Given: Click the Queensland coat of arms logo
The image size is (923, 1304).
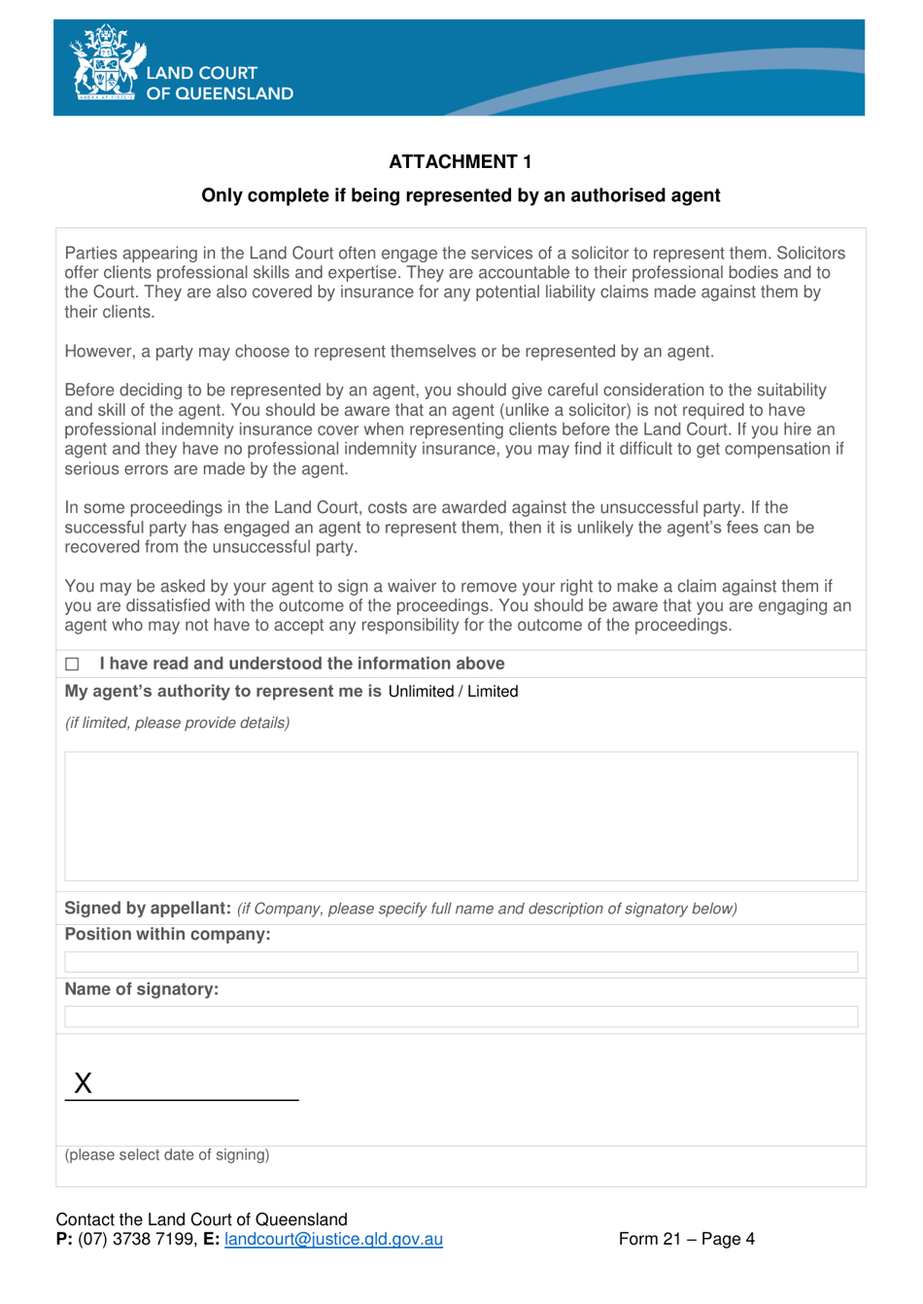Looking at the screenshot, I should (x=105, y=64).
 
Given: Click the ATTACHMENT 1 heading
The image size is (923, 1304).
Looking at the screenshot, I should (x=460, y=161).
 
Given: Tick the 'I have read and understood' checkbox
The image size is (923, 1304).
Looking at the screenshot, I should (x=72, y=665).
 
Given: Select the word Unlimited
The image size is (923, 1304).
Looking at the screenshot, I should (x=421, y=692).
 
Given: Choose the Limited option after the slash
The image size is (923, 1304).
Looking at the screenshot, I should (x=493, y=692).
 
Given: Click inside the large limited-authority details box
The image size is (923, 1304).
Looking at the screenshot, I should (x=461, y=816).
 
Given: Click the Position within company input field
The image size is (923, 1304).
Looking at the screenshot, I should (x=461, y=962).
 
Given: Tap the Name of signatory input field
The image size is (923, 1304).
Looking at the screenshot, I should (x=461, y=1016).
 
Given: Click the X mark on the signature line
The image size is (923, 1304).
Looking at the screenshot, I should (x=84, y=1083).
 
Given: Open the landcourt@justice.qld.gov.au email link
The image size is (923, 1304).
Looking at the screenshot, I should (x=333, y=1239).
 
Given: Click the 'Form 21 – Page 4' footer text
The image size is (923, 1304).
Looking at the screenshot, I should (x=686, y=1239).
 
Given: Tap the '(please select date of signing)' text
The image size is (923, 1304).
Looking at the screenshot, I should (x=167, y=1155).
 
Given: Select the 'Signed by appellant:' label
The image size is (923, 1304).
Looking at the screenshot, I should (x=148, y=909).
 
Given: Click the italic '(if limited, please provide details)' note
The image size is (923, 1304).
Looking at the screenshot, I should (x=177, y=723).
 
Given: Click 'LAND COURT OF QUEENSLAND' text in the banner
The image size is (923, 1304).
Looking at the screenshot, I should (x=219, y=83).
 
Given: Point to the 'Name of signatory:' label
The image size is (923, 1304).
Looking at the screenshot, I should (x=142, y=989).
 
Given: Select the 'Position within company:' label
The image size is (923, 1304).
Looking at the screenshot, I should (x=167, y=935).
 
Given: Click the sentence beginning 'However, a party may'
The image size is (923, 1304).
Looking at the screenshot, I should (x=389, y=352).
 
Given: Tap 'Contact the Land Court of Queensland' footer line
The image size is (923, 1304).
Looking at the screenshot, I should (x=201, y=1219).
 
